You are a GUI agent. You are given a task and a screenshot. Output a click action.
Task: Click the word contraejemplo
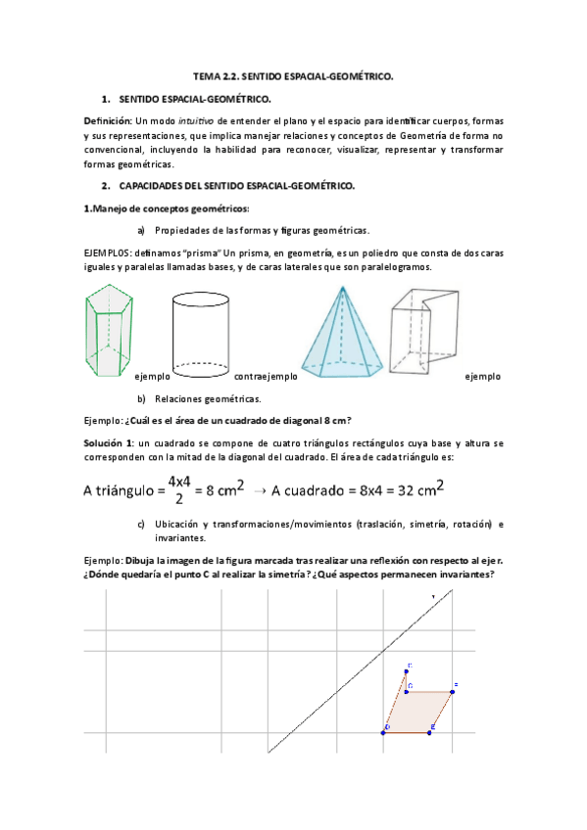click(265, 376)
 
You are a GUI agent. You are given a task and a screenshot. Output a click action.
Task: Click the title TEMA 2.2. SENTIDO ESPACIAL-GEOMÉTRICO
click(293, 75)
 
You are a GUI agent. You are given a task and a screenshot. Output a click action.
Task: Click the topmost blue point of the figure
click(407, 671)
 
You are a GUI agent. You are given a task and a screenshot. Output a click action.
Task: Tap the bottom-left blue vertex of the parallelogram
click(384, 730)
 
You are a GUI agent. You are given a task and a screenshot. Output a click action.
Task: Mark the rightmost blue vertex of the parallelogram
click(453, 692)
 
